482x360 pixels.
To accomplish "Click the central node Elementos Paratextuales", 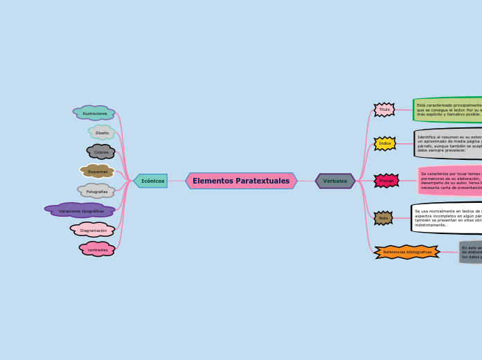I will (241, 181).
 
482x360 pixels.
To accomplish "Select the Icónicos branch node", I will (151, 181).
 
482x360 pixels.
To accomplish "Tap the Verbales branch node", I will (335, 181).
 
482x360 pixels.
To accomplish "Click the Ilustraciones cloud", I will (95, 113).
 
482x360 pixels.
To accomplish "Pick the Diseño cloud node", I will (102, 132).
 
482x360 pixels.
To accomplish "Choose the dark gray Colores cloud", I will (101, 152).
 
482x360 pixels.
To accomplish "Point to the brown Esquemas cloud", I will (98, 171).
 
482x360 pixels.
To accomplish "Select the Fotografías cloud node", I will (96, 191).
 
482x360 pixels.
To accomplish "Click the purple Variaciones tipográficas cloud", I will (80, 210).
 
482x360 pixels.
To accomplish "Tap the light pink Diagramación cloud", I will (93, 230).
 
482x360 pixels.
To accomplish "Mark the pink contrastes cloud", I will (98, 249).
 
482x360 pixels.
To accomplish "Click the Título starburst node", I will (384, 109).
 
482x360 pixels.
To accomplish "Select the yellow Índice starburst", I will (385, 143).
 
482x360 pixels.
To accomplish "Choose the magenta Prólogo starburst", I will (386, 181).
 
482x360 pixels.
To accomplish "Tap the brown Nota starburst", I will (384, 218).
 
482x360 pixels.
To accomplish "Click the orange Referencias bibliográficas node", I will (407, 252).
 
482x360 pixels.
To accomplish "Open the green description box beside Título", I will (448, 109).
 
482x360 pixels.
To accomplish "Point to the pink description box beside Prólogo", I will (450, 181).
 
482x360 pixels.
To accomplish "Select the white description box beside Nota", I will (447, 218).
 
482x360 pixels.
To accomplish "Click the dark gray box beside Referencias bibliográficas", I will (470, 252).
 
